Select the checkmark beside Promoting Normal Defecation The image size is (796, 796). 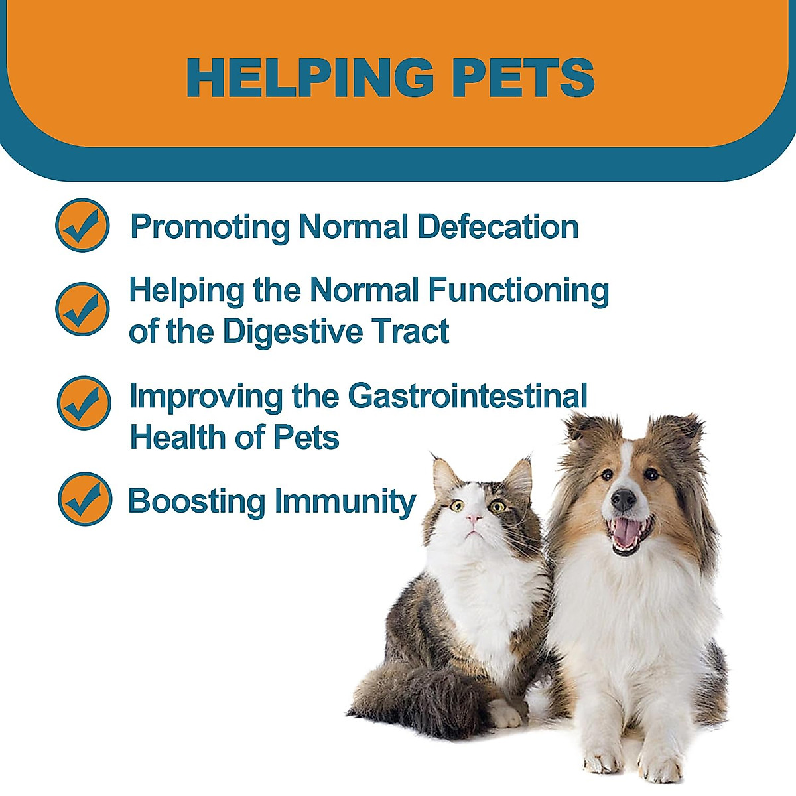[x=82, y=226]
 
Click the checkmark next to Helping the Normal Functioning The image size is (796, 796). [x=82, y=308]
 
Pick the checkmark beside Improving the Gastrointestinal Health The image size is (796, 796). [x=84, y=403]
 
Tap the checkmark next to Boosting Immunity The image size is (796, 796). [x=84, y=499]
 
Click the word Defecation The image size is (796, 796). [x=498, y=227]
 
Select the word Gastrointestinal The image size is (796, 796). [x=468, y=397]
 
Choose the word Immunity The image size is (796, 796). [x=345, y=501]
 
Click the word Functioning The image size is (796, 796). [x=518, y=291]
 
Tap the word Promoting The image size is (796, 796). [x=210, y=227]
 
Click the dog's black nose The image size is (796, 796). [x=623, y=499]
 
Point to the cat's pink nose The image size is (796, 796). [x=474, y=518]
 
